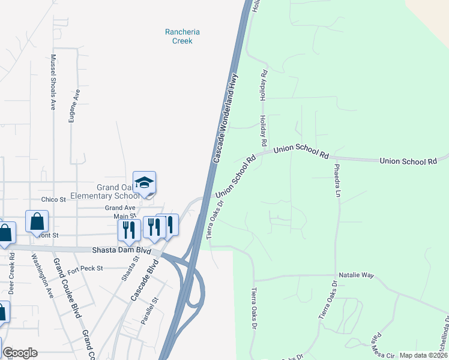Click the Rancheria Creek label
pyautogui.click(x=182, y=36)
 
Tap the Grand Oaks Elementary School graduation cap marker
pyautogui.click(x=144, y=182)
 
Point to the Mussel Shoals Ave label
pyautogui.click(x=53, y=82)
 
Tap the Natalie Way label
pyautogui.click(x=356, y=275)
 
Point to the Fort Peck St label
pyautogui.click(x=85, y=268)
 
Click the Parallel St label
pyautogui.click(x=149, y=311)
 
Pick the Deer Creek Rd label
pyautogui.click(x=12, y=273)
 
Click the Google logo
pyautogui.click(x=20, y=353)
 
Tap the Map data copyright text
pyautogui.click(x=423, y=355)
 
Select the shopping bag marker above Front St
pyautogui.click(x=37, y=221)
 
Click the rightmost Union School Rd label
pyautogui.click(x=408, y=161)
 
